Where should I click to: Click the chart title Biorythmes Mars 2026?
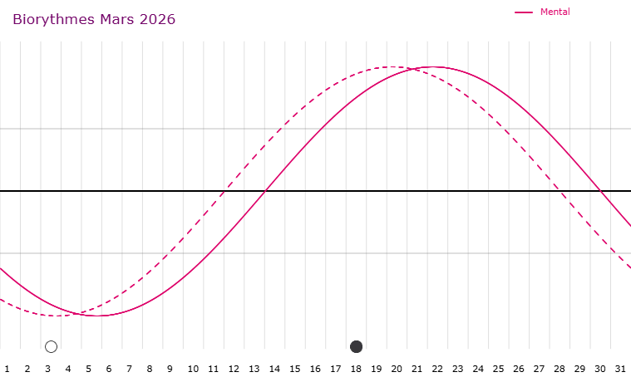94,19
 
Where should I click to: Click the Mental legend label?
555,12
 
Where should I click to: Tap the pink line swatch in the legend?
524,12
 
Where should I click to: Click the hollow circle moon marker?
51,346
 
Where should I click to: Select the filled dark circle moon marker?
357,346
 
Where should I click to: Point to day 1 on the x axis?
7,368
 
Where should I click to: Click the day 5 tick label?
88,368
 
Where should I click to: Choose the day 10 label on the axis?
193,368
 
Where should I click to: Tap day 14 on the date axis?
274,368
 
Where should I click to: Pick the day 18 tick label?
356,368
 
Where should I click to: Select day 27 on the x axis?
539,368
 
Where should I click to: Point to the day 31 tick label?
620,368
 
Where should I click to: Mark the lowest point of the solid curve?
97,316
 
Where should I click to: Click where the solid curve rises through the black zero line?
264,191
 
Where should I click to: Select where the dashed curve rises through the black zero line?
224,191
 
